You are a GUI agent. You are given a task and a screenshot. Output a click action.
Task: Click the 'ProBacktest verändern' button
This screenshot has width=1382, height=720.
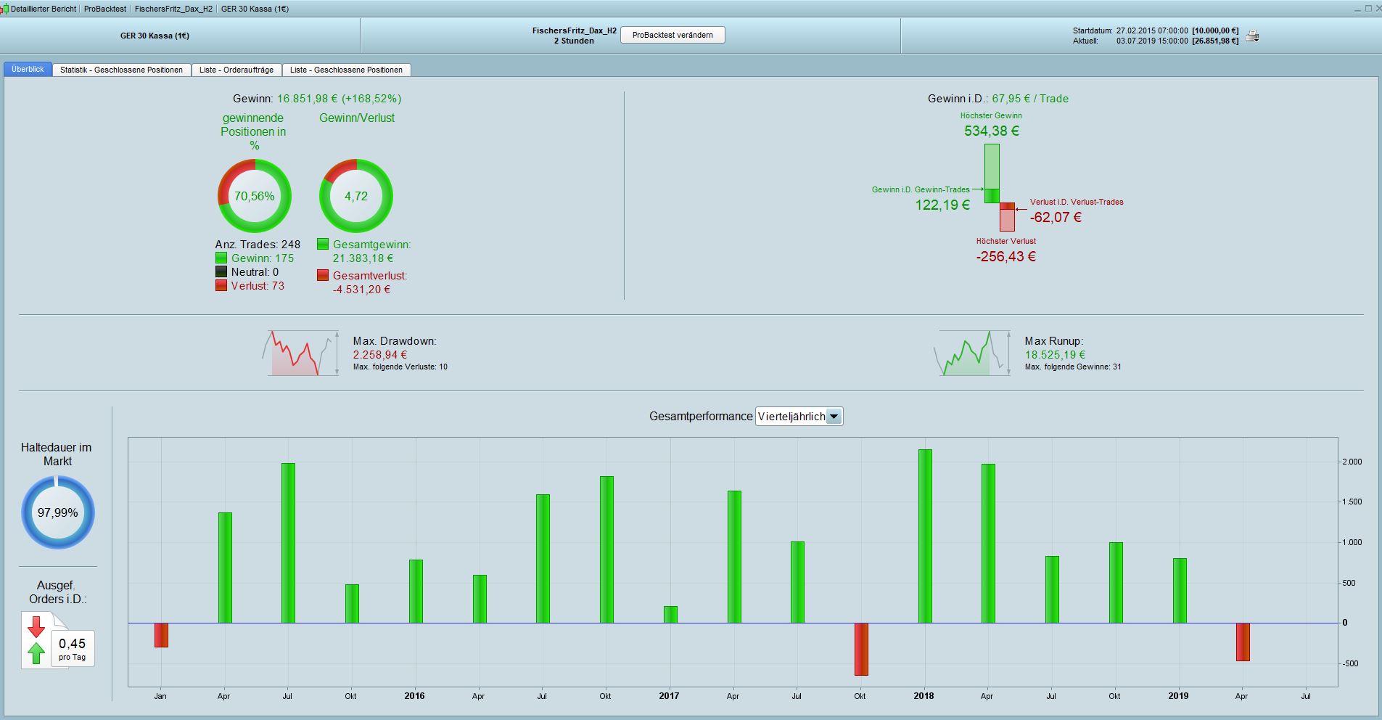click(x=673, y=35)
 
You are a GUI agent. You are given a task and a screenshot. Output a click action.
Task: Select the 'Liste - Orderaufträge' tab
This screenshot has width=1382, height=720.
click(x=236, y=70)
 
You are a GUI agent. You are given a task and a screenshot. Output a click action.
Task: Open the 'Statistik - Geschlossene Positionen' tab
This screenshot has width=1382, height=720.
click(x=121, y=70)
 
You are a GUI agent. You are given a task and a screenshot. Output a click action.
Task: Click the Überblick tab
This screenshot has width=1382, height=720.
click(x=28, y=69)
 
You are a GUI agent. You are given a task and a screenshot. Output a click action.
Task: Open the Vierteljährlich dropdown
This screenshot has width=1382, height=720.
click(x=834, y=417)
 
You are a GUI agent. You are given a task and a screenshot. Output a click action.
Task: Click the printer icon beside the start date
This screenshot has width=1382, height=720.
click(x=1252, y=36)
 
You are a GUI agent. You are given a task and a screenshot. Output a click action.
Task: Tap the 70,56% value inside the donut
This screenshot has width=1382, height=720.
click(x=254, y=196)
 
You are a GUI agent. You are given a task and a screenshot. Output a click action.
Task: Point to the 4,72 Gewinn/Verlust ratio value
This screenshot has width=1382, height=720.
click(x=356, y=196)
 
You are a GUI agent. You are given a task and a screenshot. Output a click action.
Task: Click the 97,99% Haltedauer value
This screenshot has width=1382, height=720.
click(x=57, y=512)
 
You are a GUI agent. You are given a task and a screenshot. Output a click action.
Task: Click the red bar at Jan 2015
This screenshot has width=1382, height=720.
click(x=161, y=635)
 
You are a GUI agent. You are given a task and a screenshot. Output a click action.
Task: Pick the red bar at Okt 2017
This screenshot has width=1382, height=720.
click(x=861, y=649)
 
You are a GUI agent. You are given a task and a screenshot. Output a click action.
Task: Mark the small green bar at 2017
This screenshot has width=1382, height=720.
click(x=670, y=615)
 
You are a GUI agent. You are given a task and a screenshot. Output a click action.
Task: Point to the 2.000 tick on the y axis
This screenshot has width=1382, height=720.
click(x=1352, y=462)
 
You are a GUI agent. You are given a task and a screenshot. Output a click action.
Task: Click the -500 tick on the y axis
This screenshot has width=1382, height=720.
click(x=1350, y=663)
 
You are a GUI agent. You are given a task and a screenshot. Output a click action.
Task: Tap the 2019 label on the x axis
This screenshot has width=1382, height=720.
click(x=1178, y=695)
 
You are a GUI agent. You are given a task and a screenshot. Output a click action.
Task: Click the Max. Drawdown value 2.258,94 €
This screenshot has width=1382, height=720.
click(x=380, y=355)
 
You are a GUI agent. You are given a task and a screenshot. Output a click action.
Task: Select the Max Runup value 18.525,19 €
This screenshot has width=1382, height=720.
click(x=1055, y=355)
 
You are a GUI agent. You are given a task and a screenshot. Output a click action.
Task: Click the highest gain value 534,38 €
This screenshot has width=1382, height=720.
click(x=992, y=131)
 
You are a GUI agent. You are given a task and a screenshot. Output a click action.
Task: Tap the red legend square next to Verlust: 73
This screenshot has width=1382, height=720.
click(x=221, y=286)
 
